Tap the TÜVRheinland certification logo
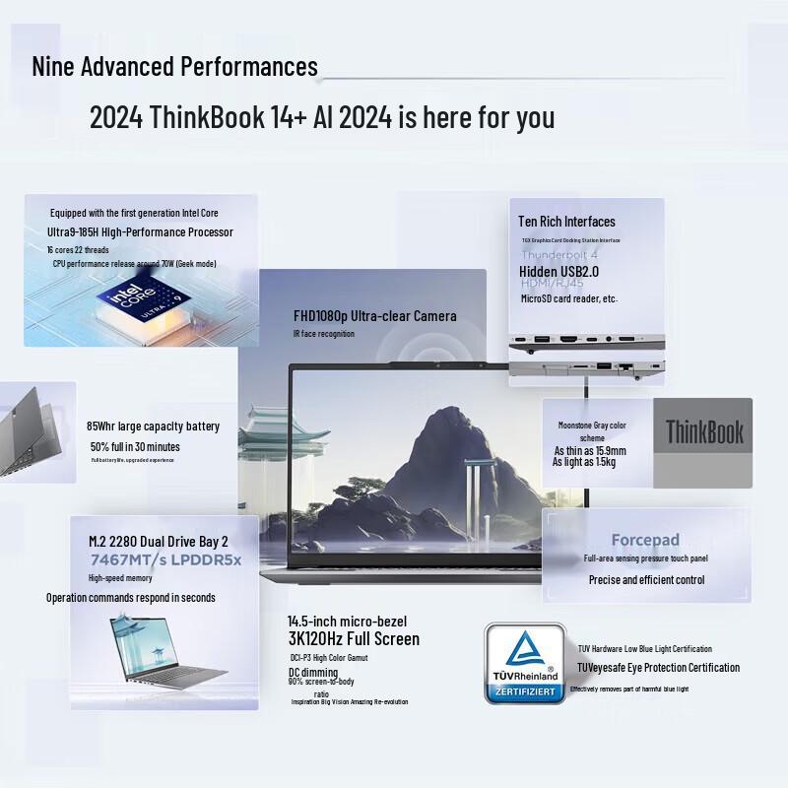pos(524,662)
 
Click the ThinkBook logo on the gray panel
pos(704,431)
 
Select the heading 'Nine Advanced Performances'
pos(175,67)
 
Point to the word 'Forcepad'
pos(645,540)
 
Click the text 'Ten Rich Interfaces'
pos(567,222)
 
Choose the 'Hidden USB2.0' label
pos(559,271)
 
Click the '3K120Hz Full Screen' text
pos(354,639)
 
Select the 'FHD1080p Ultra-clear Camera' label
pos(375,316)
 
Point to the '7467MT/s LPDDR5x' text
pos(165,560)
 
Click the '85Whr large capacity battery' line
pos(153,427)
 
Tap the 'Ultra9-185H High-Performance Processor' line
pos(141,232)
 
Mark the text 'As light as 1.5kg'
pos(584,462)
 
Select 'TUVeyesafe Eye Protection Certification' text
pos(658,668)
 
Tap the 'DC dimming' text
pos(313,672)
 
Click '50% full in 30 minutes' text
pos(134,446)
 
